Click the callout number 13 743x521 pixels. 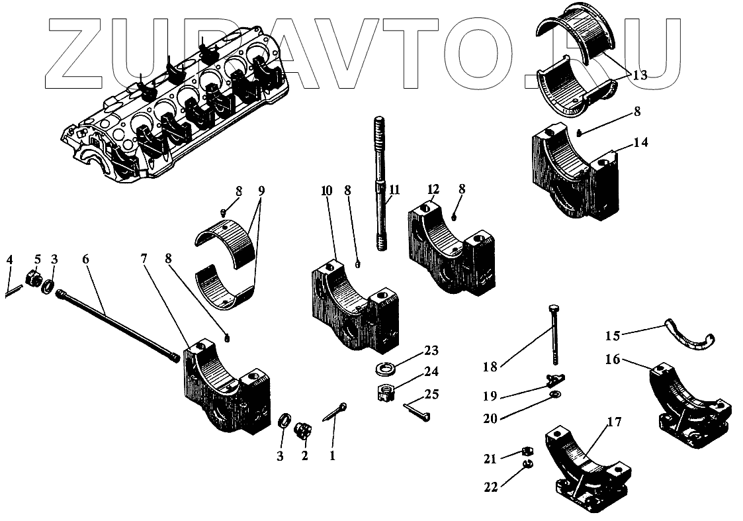pyautogui.click(x=639, y=75)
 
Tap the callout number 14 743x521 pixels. pyautogui.click(x=640, y=142)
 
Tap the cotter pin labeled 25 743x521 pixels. pyautogui.click(x=417, y=412)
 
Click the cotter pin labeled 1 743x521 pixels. pyautogui.click(x=337, y=412)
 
